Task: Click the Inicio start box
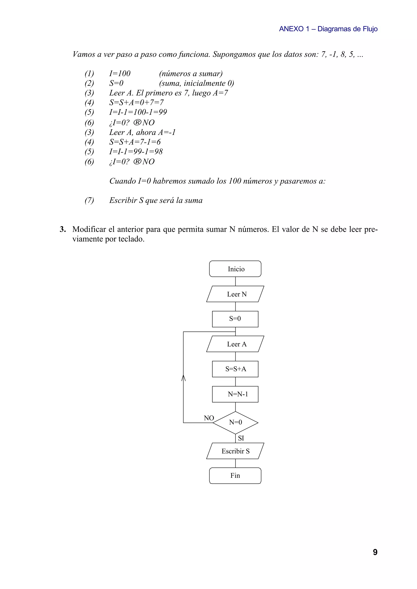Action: (x=235, y=269)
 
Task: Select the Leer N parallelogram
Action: (x=235, y=294)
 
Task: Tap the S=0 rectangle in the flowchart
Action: (x=235, y=319)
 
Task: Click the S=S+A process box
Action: (x=235, y=369)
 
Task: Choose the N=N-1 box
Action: (x=235, y=394)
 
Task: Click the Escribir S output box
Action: (x=235, y=451)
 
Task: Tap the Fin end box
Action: (x=235, y=476)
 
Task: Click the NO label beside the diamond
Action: (x=209, y=418)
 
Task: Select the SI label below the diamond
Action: (x=241, y=438)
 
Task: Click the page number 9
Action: (x=375, y=552)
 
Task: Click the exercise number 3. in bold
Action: (x=63, y=229)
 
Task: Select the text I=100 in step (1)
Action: (x=120, y=74)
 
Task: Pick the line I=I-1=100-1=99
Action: (x=138, y=112)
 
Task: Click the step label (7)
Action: (x=89, y=200)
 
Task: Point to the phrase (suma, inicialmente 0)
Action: (x=196, y=83)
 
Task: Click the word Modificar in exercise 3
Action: (x=89, y=229)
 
